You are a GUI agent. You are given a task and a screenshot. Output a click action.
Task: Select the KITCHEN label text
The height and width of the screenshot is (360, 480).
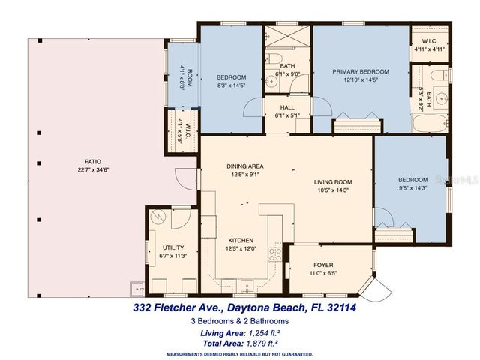pos(239,241)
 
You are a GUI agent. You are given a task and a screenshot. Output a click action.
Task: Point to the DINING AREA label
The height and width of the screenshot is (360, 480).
pos(245,166)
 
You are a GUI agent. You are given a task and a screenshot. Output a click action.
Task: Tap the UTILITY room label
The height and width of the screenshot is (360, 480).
pos(173,247)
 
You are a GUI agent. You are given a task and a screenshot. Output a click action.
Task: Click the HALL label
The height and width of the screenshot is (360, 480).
pos(287,108)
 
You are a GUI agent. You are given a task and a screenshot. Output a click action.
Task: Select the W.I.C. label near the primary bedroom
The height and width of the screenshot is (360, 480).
pos(430,43)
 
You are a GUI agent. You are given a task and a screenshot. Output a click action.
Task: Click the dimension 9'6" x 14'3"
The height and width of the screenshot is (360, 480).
pos(412,188)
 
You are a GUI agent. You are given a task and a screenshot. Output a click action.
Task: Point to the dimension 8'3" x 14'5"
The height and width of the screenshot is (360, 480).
pos(232,85)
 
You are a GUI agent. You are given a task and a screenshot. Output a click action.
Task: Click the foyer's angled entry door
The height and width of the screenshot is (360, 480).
pos(378,287)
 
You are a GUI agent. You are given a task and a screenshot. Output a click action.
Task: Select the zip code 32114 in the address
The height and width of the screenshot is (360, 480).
pos(330,307)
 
